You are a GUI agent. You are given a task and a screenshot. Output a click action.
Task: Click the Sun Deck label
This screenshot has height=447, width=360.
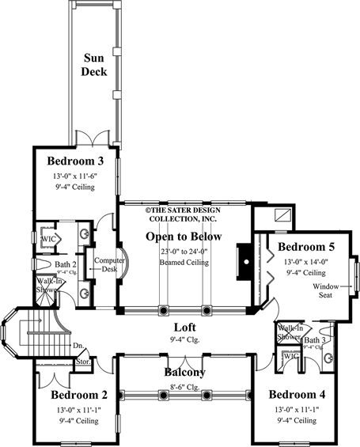coord(100,66)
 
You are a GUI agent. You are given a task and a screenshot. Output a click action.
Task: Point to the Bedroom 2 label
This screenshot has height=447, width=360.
coord(79,395)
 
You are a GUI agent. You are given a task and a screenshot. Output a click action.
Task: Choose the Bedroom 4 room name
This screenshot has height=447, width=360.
coord(297,394)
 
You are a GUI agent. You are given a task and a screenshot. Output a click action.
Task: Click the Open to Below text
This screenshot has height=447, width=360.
coord(184,237)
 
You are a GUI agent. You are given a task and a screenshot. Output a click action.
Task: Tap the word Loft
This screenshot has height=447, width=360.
coord(185,326)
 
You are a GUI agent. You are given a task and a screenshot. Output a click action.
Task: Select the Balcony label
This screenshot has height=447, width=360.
coord(185,372)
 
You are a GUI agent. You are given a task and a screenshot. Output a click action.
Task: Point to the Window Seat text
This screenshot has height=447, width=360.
coord(328,290)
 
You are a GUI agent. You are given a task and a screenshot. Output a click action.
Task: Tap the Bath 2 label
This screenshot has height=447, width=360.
coord(64,264)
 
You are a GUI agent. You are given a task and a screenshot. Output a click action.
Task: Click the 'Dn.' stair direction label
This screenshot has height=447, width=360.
coord(78,345)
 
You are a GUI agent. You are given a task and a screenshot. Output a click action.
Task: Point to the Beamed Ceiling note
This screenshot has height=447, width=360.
coord(184,262)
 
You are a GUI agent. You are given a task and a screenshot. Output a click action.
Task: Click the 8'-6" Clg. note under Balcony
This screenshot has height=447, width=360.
coord(185,387)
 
